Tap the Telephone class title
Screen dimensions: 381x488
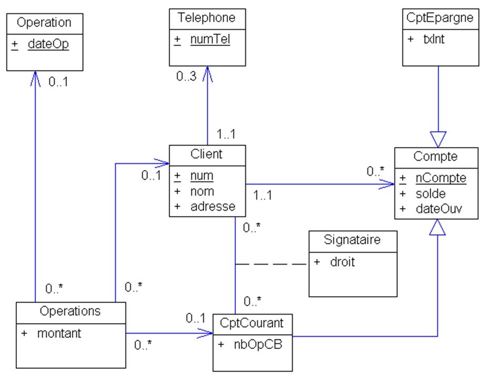[206, 18]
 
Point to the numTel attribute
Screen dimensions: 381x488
[210, 39]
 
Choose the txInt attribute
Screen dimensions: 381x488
[433, 39]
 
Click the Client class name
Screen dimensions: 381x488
[207, 154]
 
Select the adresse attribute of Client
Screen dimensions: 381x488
[213, 206]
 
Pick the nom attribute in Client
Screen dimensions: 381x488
[202, 191]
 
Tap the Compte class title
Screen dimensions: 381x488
[436, 156]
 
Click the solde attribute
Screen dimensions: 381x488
[430, 193]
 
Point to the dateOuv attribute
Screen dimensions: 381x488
[439, 208]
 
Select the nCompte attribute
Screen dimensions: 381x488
[440, 179]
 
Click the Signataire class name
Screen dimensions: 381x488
[353, 241]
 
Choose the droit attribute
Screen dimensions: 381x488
[342, 262]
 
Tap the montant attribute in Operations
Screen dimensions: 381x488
[59, 333]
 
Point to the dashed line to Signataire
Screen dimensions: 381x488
[272, 264]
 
